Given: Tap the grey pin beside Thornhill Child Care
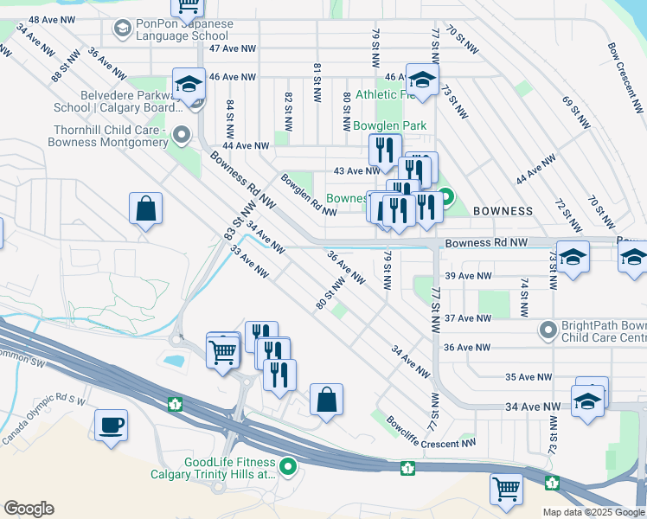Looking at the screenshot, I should tap(182, 135).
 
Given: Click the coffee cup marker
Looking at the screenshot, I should tap(112, 426).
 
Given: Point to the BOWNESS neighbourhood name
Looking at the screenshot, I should tap(503, 211).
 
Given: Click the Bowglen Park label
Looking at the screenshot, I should tap(390, 125).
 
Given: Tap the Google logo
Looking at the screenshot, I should tap(29, 509).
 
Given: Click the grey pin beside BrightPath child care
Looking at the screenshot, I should tap(548, 330).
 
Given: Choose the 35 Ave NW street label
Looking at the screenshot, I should tap(528, 377).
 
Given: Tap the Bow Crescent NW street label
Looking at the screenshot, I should tap(624, 68).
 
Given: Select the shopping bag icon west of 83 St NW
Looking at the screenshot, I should tap(146, 208).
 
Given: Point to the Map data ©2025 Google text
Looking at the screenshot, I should tap(593, 512).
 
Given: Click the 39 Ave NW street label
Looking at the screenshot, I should tap(468, 276).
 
